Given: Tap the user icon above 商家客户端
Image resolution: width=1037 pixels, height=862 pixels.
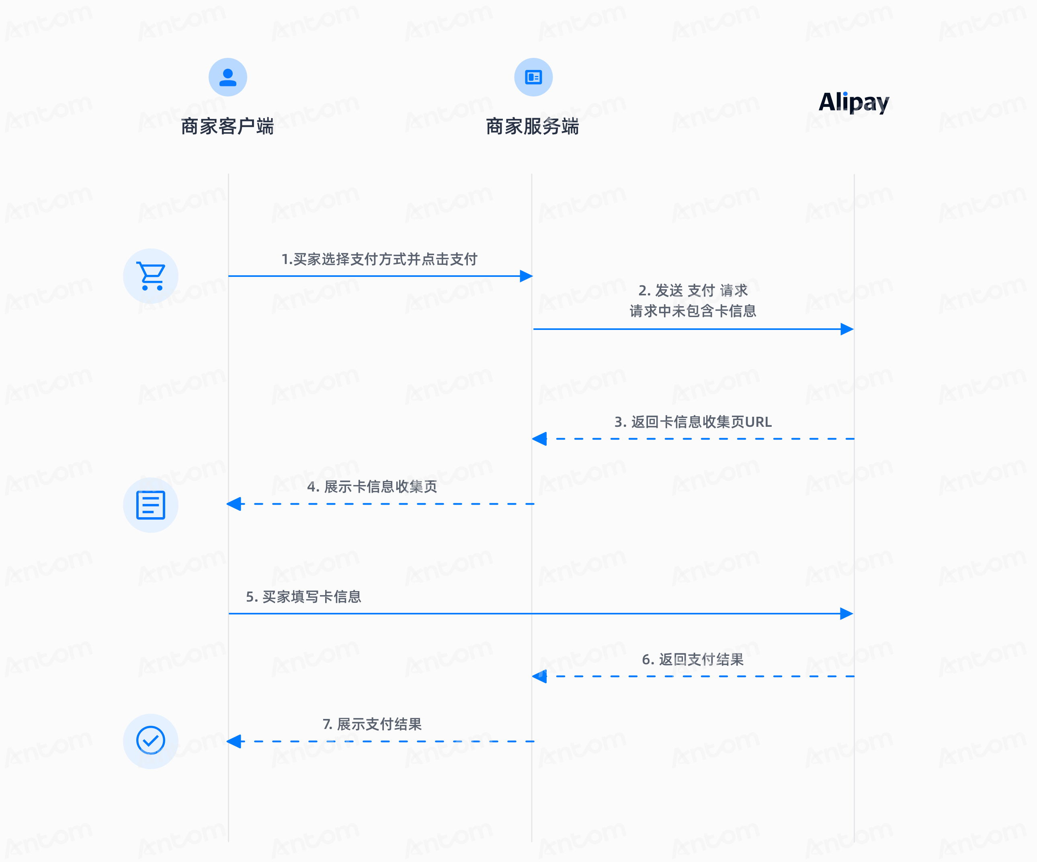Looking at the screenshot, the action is pyautogui.click(x=227, y=77).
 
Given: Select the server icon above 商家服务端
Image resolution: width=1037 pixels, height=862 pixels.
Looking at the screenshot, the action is pyautogui.click(x=533, y=77).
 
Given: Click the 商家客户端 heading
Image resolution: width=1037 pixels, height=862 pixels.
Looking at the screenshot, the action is pyautogui.click(x=227, y=127).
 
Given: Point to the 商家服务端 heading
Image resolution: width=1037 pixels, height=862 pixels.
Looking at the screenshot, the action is pyautogui.click(x=532, y=127).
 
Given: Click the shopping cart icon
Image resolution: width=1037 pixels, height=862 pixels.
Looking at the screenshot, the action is pyautogui.click(x=151, y=276).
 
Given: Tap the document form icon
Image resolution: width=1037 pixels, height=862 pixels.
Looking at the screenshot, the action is pyautogui.click(x=151, y=505).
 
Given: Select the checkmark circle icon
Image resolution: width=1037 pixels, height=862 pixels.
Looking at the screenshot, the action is pyautogui.click(x=151, y=741).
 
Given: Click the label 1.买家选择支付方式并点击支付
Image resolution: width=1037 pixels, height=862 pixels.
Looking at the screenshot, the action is pyautogui.click(x=379, y=259).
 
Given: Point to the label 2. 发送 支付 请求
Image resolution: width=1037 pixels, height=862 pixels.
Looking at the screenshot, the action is pyautogui.click(x=693, y=290).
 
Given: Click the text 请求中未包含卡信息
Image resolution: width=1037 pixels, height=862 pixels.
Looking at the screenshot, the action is pyautogui.click(x=693, y=311).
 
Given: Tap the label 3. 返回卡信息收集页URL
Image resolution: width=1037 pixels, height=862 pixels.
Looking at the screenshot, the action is pyautogui.click(x=693, y=422).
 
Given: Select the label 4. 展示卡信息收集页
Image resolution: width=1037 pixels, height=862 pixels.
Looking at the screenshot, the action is pyautogui.click(x=372, y=487).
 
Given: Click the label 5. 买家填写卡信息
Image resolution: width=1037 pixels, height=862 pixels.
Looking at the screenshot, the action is pyautogui.click(x=304, y=597).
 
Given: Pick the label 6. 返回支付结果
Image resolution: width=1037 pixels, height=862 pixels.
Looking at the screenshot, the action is pyautogui.click(x=693, y=659).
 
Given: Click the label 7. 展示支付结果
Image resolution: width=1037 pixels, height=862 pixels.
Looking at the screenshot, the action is pyautogui.click(x=372, y=724).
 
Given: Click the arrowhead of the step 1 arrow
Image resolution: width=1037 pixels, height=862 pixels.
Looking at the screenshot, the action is pyautogui.click(x=527, y=276).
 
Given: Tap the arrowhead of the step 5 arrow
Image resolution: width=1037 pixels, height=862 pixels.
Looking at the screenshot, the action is pyautogui.click(x=847, y=614).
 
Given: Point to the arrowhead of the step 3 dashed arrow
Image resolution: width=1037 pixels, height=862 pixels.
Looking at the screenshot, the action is pyautogui.click(x=539, y=438).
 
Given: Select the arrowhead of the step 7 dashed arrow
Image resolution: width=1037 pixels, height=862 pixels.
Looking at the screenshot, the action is pyautogui.click(x=234, y=741).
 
